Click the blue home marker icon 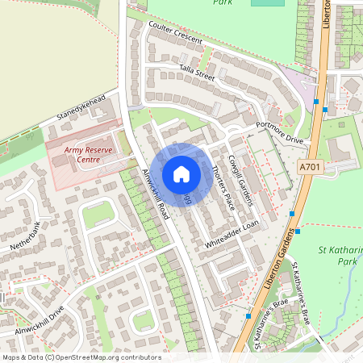click(181, 173)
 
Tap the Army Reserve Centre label click(83, 155)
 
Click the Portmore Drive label click(279, 131)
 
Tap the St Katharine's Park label click(336, 257)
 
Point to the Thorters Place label click(221, 186)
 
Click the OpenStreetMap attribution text click(81, 357)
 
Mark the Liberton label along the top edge click(327, 15)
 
